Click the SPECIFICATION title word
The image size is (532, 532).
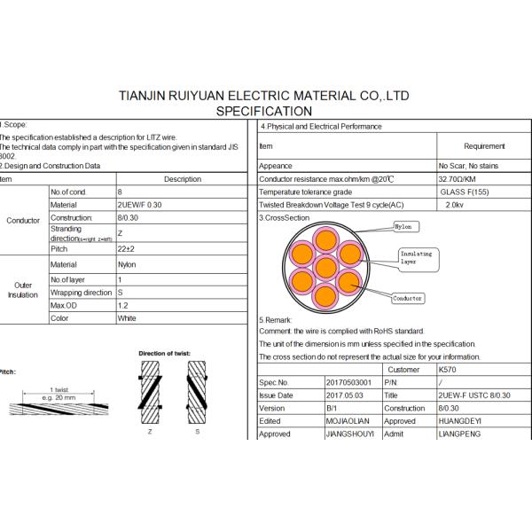pos(264,112)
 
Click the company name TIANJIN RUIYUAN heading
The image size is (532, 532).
pos(264,96)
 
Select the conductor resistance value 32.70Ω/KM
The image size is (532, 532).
pos(458,179)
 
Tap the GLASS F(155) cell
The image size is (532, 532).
pos(461,192)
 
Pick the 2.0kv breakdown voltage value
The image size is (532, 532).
pos(458,204)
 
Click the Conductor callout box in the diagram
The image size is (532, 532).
pos(408,299)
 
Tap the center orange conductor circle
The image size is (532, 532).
pos(326,267)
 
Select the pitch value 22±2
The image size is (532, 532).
pos(127,249)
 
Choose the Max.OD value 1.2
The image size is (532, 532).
pos(121,305)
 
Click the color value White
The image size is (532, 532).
pos(126,317)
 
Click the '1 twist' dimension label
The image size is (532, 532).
pos(59,390)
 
